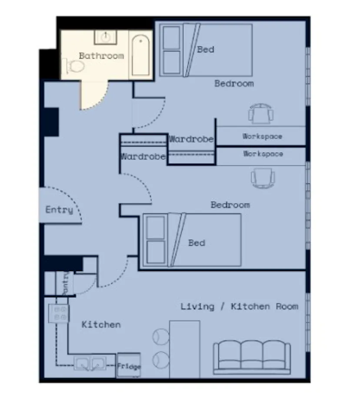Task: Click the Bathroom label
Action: pos(101,56)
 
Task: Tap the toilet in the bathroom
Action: pos(74,66)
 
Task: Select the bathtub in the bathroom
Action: pos(140,55)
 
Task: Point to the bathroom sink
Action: pos(106,37)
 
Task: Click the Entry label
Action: pos(59,210)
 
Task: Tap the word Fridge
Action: pos(129,366)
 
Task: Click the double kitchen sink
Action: pos(90,363)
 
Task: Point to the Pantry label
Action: pos(65,283)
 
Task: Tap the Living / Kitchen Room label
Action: pos(239,306)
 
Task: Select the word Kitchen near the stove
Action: pos(101,324)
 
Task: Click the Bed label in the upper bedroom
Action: pos(206,50)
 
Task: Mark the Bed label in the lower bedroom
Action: pos(197,243)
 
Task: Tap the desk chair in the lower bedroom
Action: pos(263,178)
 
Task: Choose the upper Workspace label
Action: pos(263,136)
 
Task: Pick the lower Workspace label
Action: pos(263,154)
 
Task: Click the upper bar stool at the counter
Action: pos(161,337)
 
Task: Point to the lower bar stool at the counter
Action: pos(161,360)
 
